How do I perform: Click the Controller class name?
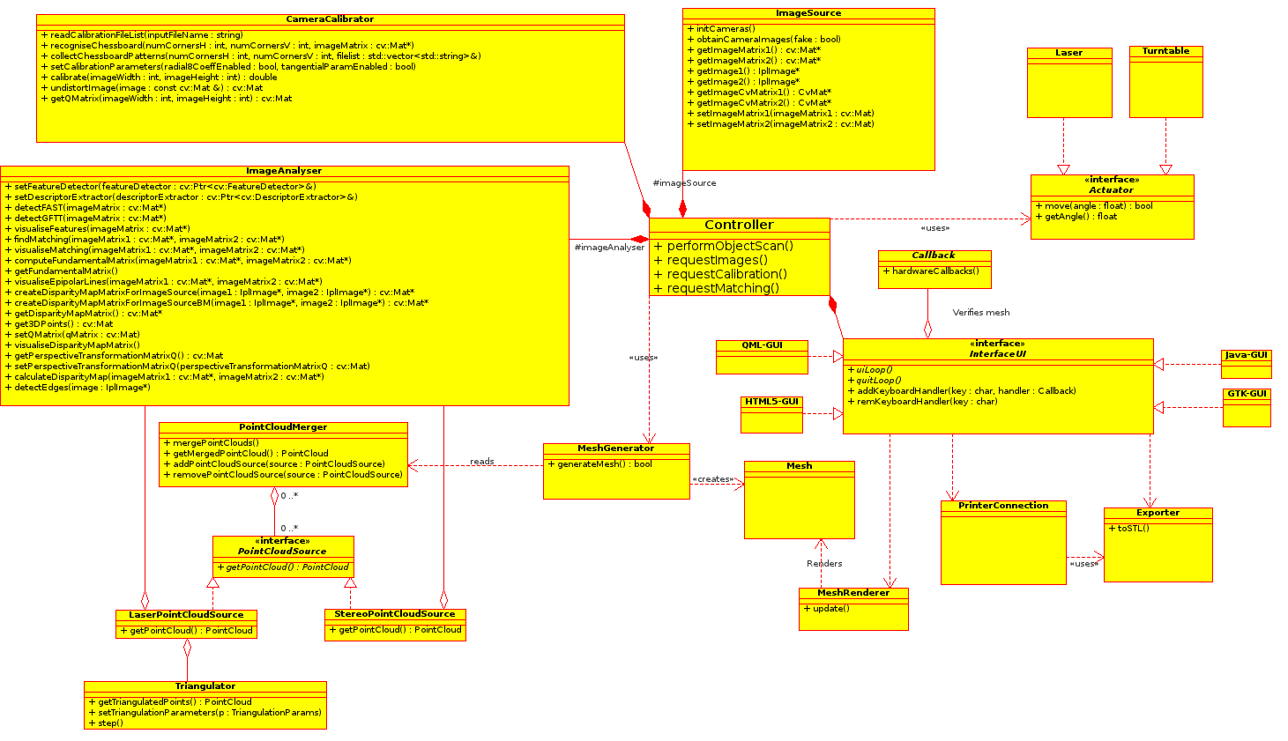pyautogui.click(x=739, y=226)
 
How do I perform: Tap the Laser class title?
pyautogui.click(x=1068, y=53)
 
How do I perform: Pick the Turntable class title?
pyautogui.click(x=1165, y=51)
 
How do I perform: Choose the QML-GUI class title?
pyautogui.click(x=762, y=345)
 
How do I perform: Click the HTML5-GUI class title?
pyautogui.click(x=771, y=402)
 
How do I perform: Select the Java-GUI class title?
pyautogui.click(x=1247, y=355)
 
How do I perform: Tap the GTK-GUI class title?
pyautogui.click(x=1247, y=394)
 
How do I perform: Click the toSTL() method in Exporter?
pyautogui.click(x=1133, y=529)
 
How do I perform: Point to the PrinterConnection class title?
pyautogui.click(x=1003, y=506)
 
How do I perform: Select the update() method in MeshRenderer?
pyautogui.click(x=830, y=609)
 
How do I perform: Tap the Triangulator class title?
pyautogui.click(x=205, y=686)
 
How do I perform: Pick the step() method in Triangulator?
pyautogui.click(x=110, y=723)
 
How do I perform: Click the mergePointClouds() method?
pyautogui.click(x=215, y=443)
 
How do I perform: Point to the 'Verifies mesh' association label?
pyautogui.click(x=980, y=313)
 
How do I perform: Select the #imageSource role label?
pyautogui.click(x=684, y=183)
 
